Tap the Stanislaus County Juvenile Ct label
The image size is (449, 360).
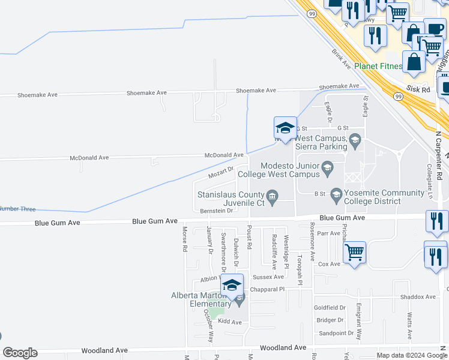tap(231, 199)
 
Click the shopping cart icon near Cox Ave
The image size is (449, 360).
tap(354, 253)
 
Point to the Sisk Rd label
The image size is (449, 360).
tap(418, 89)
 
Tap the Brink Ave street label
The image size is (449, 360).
tap(341, 59)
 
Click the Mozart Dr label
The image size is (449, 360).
tap(220, 173)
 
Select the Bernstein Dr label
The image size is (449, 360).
tap(216, 211)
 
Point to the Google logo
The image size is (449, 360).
tap(20, 353)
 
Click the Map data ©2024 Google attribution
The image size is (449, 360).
tap(412, 355)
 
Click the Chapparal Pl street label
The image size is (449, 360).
tap(268, 289)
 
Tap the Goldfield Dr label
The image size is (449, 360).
tap(330, 307)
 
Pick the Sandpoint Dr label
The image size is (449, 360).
tap(336, 333)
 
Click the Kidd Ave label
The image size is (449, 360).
tap(229, 322)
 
